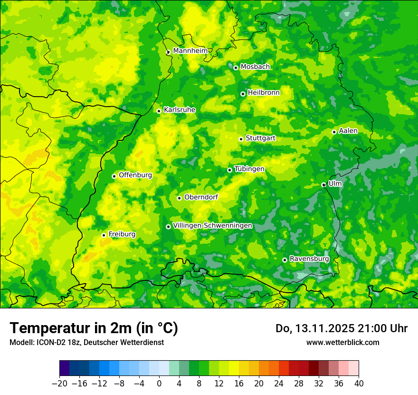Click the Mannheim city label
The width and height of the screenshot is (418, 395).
coord(190,51)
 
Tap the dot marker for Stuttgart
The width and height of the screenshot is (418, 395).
coord(241,139)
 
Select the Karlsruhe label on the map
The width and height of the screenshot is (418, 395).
coord(179,110)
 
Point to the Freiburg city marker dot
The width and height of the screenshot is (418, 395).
coord(104,235)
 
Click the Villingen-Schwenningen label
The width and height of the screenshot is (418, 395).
coord(212,226)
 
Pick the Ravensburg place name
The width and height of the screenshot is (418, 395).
coord(309,259)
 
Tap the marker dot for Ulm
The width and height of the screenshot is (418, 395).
coord(323,185)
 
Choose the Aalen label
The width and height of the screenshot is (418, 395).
coord(348,131)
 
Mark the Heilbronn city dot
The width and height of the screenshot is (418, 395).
coord(243,94)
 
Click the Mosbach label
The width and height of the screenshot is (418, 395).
coord(255,67)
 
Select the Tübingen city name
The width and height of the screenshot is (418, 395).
coord(249,169)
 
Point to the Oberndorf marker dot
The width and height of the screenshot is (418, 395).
coord(179,198)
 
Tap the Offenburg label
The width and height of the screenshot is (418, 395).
coord(135,175)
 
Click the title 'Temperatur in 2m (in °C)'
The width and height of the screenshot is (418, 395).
coord(94,328)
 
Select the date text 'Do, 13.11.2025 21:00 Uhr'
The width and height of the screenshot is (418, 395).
coord(342,328)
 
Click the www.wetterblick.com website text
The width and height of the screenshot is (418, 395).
coord(342,342)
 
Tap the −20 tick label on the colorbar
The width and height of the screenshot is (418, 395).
coord(59,384)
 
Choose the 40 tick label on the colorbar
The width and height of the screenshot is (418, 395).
coord(359,384)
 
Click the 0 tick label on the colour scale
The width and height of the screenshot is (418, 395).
coord(159,384)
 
